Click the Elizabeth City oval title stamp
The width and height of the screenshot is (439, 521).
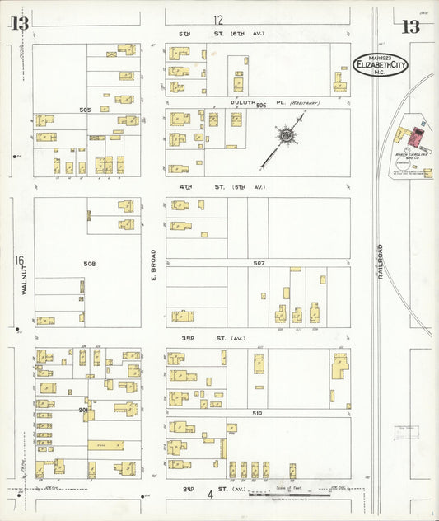pos(380,64)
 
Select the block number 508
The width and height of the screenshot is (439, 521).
pos(89,264)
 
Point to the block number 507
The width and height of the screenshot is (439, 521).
pos(259,263)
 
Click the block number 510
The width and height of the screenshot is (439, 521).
pos(257,412)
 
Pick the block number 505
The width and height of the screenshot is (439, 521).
pos(85,110)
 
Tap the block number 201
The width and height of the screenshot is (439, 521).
pos(83,410)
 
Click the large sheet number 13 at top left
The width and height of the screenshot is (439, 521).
pos(19,24)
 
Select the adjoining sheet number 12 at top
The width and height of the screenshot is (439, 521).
pos(217,20)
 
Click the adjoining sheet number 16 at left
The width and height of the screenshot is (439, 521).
pos(18,261)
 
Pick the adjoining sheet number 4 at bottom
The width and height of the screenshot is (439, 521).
pos(210,495)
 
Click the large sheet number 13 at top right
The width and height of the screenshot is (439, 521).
pos(409,26)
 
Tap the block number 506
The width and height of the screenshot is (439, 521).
pos(261,106)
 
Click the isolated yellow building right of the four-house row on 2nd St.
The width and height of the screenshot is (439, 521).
pos(292,471)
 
